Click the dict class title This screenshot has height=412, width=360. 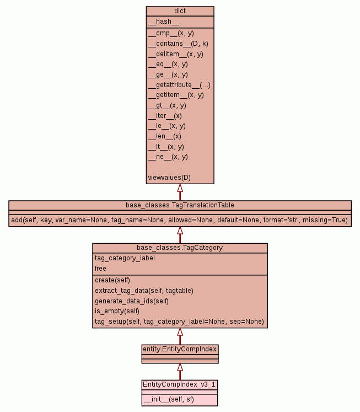pyautogui.click(x=180, y=11)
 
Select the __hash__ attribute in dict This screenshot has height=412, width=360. pyautogui.click(x=164, y=22)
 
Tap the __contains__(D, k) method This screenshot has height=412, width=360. pyautogui.click(x=178, y=43)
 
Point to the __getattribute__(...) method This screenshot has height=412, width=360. pyautogui.click(x=179, y=84)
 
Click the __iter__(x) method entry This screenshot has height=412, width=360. pyautogui.click(x=165, y=115)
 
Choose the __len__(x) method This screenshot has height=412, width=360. pyautogui.click(x=164, y=136)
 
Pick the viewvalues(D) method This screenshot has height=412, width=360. pyautogui.click(x=169, y=177)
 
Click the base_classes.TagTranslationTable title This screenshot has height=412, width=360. pyautogui.click(x=180, y=205)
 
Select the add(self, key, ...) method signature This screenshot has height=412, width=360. pyautogui.click(x=180, y=220)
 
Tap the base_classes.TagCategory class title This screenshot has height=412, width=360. pyautogui.click(x=180, y=248)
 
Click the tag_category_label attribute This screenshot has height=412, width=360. pyautogui.click(x=125, y=258)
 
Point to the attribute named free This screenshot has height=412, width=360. pyautogui.click(x=100, y=269)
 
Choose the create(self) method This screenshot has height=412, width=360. pyautogui.click(x=112, y=280)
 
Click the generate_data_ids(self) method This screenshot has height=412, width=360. pyautogui.click(x=131, y=301)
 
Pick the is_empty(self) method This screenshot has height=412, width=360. pyautogui.click(x=117, y=311)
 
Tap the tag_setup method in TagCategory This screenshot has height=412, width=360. pyautogui.click(x=179, y=322)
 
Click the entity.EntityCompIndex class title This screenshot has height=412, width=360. pyautogui.click(x=180, y=349)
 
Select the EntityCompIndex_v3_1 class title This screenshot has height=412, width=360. pyautogui.click(x=180, y=384)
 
